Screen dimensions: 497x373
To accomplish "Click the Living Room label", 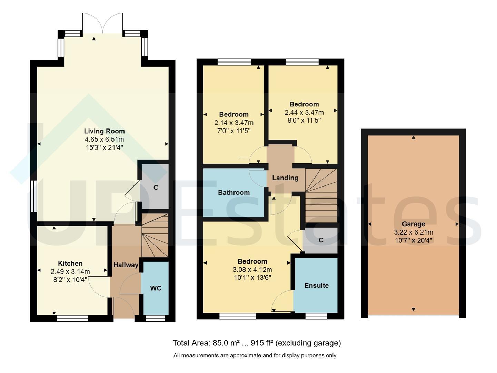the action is tap(104, 131).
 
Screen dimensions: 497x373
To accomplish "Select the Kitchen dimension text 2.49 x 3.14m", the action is tap(70, 271).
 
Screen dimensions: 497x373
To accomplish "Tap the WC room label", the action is tap(156, 288).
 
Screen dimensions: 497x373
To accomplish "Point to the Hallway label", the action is tap(126, 265).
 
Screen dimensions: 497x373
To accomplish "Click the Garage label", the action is tap(413, 224).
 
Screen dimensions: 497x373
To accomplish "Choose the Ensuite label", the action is tap(316, 285).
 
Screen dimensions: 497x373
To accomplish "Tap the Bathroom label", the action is tap(233, 192).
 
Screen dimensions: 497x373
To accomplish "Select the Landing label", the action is tap(285, 178).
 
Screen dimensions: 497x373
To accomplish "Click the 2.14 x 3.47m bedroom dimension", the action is tap(233, 123).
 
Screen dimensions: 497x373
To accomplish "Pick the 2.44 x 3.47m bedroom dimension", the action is tap(304, 113).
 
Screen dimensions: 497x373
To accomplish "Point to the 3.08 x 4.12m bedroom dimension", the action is tap(252, 270).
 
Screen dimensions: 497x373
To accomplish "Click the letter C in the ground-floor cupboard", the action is tap(156, 188).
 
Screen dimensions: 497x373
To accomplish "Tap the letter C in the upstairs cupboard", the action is tap(321, 240).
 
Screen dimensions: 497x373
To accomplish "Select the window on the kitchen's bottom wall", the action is tap(72, 318).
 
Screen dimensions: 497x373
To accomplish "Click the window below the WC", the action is tap(155, 318).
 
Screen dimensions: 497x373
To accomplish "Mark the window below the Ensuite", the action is tap(316, 316).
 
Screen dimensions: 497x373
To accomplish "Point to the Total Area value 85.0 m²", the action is tap(226, 343).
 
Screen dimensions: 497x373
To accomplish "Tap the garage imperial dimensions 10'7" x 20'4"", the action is tap(413, 240).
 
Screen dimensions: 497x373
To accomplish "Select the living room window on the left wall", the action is tap(34, 196).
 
